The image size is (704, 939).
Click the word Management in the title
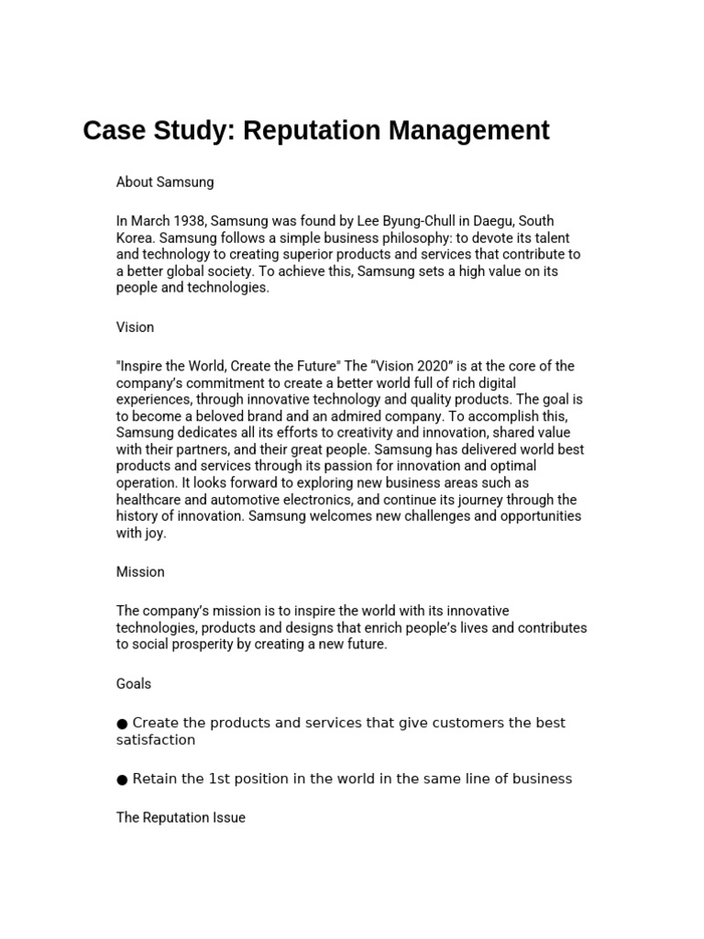coord(468,131)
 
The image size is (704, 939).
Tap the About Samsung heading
coord(165,182)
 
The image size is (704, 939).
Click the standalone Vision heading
coord(135,327)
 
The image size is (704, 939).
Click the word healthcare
coord(149,500)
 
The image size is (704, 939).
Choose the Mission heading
coord(140,572)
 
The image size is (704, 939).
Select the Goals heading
coord(134,684)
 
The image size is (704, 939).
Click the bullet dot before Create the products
coord(122,724)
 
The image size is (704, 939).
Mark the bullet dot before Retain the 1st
coord(122,779)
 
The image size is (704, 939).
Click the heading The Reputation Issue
coord(181,818)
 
